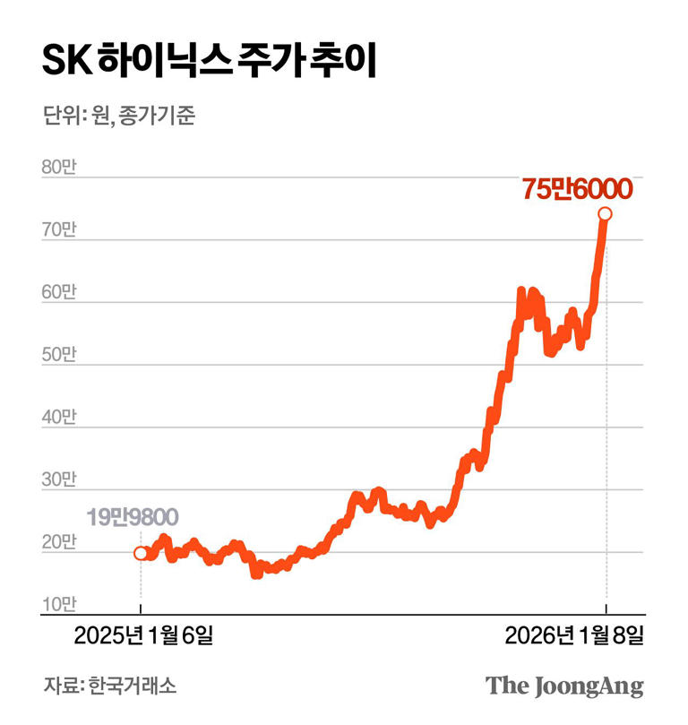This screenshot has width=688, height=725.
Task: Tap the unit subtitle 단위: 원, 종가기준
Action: (x=117, y=117)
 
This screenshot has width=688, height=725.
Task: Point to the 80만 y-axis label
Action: (x=59, y=167)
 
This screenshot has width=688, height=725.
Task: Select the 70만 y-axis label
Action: (x=59, y=229)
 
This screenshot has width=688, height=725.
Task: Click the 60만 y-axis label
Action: (x=59, y=292)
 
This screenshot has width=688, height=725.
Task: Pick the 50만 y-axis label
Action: (x=59, y=355)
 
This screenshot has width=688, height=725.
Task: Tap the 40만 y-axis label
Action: (x=59, y=418)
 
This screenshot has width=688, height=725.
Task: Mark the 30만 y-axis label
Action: (x=59, y=480)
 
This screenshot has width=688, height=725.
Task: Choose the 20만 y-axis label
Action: (x=59, y=543)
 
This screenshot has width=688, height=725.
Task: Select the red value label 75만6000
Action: (x=577, y=190)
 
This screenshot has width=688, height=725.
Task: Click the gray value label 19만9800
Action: (x=132, y=518)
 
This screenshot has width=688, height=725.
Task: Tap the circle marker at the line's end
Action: (x=606, y=213)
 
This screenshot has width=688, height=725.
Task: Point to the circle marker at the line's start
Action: (x=141, y=553)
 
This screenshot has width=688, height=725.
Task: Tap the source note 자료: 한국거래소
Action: (x=109, y=686)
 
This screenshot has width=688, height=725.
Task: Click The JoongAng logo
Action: (x=564, y=686)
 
